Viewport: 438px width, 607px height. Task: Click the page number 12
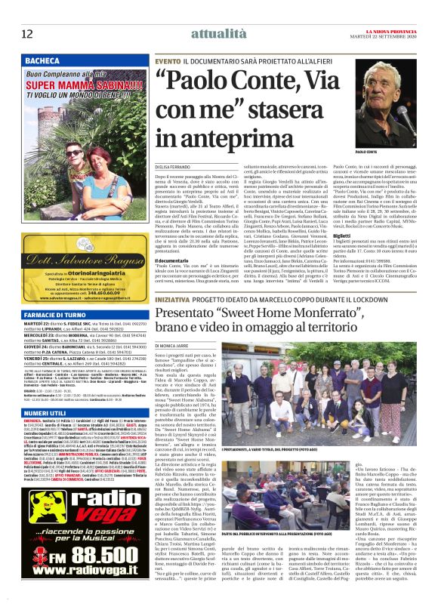point(26,33)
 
